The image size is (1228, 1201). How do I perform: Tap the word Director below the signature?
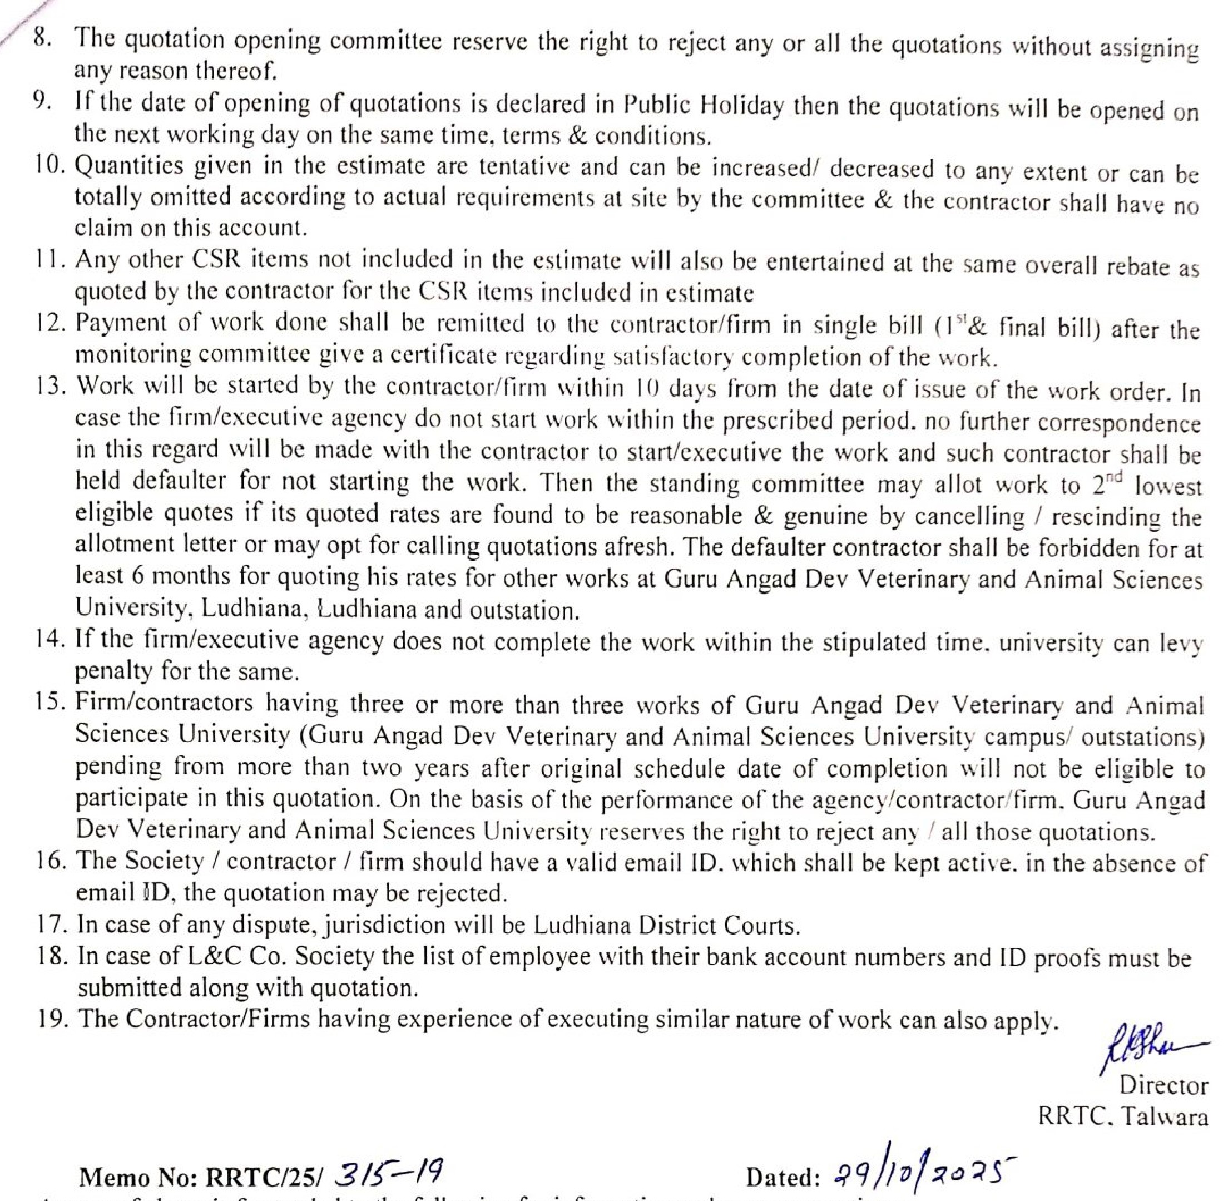pos(1163,1085)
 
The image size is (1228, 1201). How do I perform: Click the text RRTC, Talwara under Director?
pos(1123,1117)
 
